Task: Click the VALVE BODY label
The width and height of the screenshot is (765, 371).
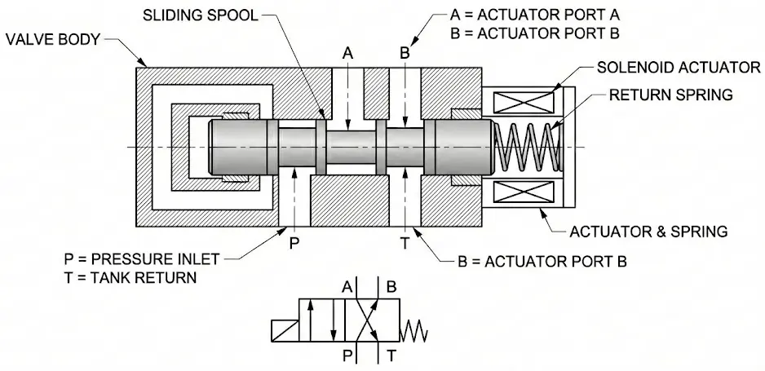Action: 53,39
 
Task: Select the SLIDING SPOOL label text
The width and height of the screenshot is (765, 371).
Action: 201,15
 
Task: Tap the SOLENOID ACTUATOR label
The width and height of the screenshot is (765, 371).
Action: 679,68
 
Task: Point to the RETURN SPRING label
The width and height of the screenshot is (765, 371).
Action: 671,95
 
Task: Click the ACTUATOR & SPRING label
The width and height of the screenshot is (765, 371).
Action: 648,231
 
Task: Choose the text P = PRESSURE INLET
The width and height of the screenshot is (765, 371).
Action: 142,258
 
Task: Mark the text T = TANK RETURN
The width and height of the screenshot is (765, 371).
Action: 130,277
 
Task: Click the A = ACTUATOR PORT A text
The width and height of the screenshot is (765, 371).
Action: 535,15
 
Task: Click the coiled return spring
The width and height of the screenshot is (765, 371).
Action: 528,147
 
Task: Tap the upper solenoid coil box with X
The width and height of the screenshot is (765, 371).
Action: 524,103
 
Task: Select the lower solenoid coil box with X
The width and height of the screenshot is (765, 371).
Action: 524,192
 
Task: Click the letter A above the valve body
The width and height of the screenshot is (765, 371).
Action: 347,53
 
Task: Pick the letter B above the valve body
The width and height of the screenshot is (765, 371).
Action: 405,53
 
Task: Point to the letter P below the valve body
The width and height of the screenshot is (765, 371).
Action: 294,243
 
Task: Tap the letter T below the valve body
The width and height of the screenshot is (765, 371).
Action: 405,243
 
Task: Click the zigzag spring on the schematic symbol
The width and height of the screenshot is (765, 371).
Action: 413,334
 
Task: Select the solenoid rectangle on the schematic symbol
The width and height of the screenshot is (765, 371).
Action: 285,331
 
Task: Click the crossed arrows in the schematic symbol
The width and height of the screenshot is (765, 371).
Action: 367,320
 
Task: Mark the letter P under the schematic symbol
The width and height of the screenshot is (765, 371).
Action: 347,356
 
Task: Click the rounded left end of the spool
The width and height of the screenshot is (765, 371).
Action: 213,147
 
